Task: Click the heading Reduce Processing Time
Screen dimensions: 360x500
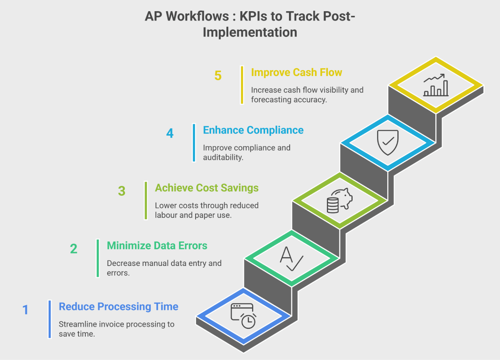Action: [118, 307]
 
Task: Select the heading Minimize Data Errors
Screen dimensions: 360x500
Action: [157, 246]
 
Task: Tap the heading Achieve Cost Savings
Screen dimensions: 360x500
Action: [207, 188]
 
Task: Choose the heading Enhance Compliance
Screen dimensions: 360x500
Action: [253, 130]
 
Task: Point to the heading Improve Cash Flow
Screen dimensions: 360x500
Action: [297, 72]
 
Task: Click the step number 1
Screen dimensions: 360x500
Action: [25, 310]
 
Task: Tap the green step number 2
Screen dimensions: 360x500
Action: [74, 249]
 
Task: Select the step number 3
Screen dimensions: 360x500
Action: [122, 191]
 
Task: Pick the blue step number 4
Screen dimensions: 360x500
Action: [170, 133]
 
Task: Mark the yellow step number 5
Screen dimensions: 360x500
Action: [218, 76]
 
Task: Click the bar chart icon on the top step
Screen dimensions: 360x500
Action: [436, 85]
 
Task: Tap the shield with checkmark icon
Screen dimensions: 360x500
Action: [388, 142]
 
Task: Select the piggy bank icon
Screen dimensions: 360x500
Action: [340, 200]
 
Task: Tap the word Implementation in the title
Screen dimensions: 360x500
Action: [250, 32]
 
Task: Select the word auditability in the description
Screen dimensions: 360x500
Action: [223, 157]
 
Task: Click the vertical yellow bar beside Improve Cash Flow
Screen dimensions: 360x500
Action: [242, 85]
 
